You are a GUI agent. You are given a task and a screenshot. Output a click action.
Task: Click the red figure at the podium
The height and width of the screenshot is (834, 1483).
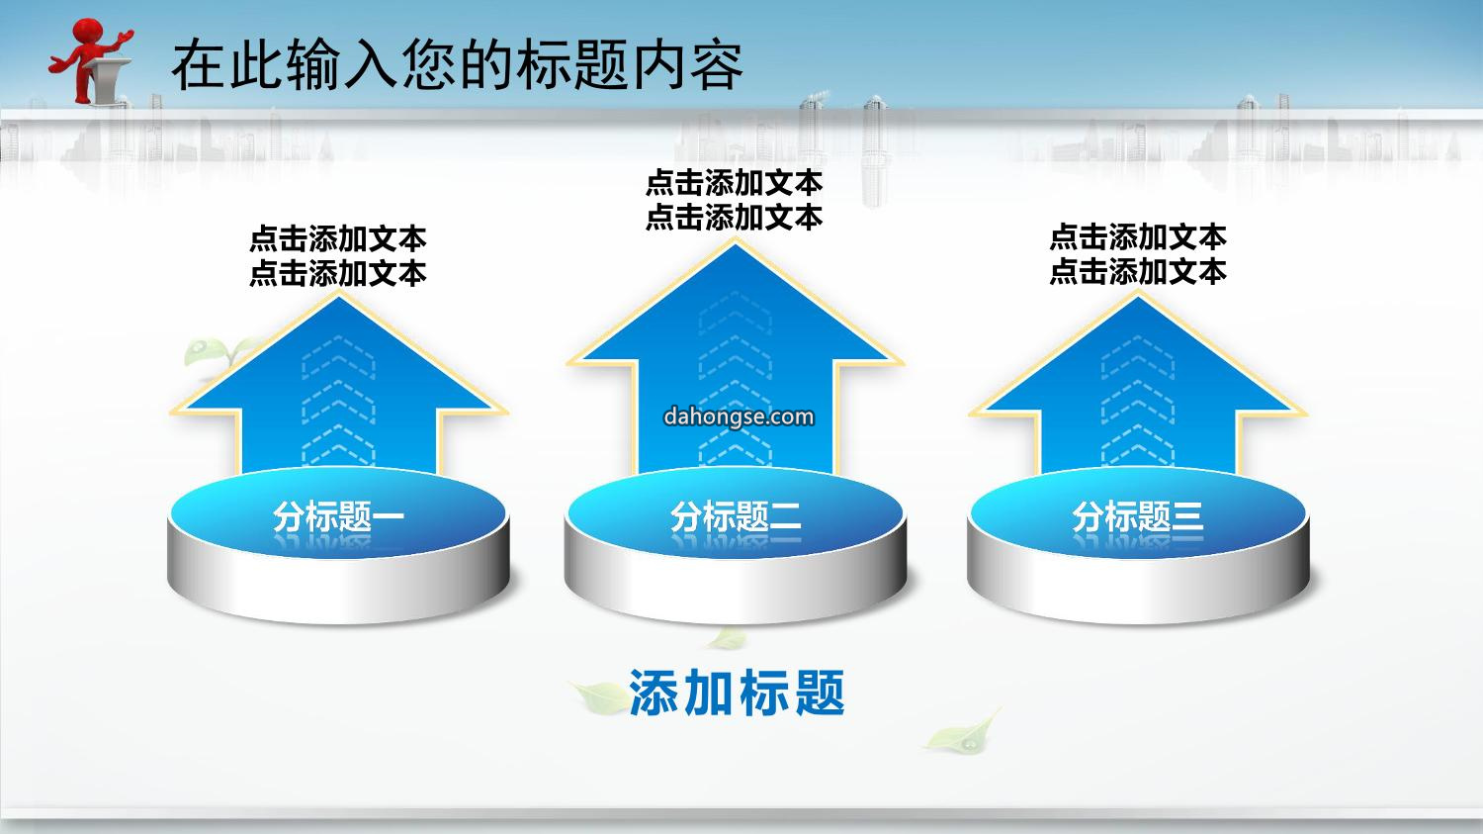point(90,61)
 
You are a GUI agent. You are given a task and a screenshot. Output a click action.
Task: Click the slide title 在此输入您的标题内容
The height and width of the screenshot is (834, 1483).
point(458,65)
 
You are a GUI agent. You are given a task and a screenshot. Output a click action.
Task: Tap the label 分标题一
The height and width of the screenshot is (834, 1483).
point(338,516)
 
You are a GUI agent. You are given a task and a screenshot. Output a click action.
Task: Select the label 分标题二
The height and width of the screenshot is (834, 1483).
point(736,516)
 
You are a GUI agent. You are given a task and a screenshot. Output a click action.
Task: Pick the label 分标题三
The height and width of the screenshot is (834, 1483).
point(1138,516)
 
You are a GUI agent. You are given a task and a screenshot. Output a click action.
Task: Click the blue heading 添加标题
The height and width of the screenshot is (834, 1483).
point(737,693)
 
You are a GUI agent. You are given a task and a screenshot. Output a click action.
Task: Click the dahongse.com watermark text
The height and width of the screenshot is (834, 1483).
point(739,417)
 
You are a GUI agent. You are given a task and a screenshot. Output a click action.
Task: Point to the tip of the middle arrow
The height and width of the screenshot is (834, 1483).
point(735,239)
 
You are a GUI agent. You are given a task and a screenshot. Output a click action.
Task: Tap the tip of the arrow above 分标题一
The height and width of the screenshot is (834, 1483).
point(339,294)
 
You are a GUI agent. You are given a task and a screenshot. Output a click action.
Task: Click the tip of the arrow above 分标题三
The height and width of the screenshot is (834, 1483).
point(1138,294)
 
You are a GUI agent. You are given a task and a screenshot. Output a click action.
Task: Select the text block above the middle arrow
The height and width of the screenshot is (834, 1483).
point(735,200)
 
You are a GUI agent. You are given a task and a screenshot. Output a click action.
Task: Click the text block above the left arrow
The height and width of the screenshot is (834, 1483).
point(338,256)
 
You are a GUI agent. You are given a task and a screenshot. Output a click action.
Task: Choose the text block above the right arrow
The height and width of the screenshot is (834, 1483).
point(1138,254)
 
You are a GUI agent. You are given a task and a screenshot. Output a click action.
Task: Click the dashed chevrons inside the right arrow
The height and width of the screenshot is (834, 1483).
point(1138,400)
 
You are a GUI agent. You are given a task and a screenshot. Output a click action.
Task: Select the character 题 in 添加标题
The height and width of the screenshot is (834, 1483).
point(820,693)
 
